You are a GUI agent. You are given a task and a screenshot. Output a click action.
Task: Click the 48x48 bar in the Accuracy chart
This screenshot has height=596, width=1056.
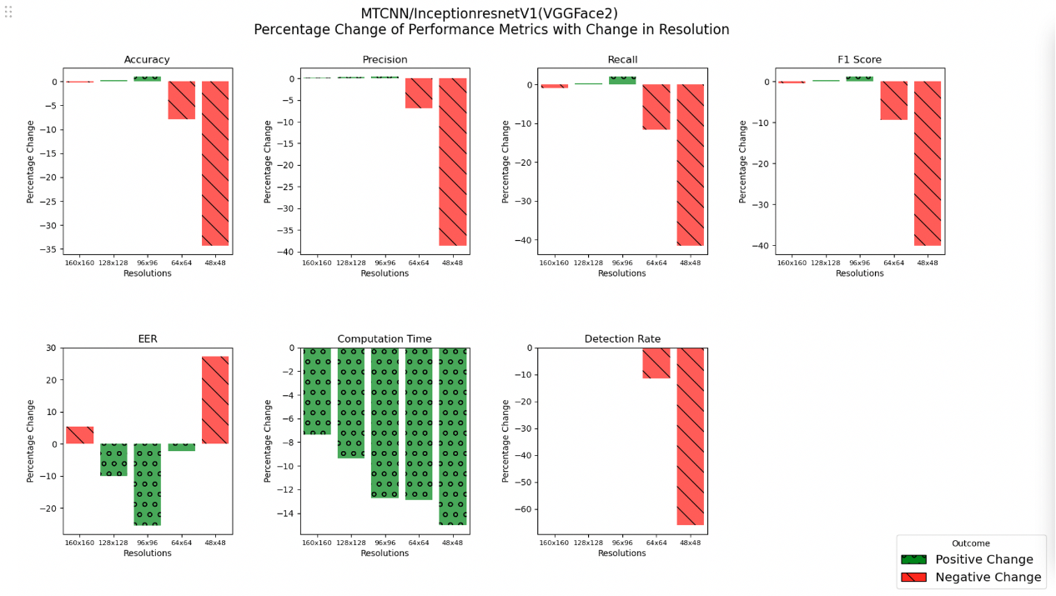point(214,163)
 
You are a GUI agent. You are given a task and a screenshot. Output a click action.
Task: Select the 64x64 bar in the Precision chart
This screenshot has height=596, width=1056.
point(419,93)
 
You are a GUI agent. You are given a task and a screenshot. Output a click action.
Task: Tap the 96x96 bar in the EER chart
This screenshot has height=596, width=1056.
point(147,484)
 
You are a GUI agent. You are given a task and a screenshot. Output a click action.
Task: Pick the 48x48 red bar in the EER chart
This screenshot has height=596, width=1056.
point(214,400)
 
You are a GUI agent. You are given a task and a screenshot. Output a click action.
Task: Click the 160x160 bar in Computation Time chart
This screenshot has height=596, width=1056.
point(317,391)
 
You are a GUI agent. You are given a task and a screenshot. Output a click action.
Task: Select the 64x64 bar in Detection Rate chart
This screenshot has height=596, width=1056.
point(656,363)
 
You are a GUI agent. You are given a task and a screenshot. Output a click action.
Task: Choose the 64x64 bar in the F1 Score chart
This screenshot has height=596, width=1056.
point(893,101)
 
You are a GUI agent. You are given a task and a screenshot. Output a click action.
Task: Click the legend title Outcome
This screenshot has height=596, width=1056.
point(971,543)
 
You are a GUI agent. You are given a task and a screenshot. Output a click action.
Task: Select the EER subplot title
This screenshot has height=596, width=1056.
point(147,339)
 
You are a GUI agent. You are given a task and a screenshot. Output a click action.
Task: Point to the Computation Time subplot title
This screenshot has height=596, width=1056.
point(385,339)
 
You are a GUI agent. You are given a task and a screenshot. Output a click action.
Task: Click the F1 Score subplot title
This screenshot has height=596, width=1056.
point(859,60)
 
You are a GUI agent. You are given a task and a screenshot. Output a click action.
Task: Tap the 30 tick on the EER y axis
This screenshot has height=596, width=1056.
point(51,348)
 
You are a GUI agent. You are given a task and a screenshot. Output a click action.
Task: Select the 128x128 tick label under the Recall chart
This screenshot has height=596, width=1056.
point(588,263)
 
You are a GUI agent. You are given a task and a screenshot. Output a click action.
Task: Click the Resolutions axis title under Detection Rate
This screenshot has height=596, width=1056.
point(621,553)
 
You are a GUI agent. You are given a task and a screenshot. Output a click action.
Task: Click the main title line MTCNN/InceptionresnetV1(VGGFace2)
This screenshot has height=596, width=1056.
point(490,13)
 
